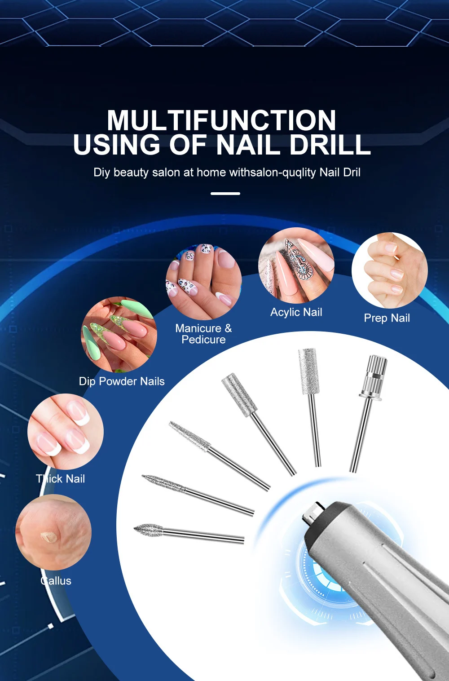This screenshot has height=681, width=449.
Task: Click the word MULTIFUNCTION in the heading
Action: tap(221, 120)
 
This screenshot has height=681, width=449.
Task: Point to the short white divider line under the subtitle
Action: tap(225, 194)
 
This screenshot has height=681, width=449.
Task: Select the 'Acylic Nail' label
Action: tap(296, 312)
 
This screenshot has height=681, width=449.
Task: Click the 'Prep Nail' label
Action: tap(387, 318)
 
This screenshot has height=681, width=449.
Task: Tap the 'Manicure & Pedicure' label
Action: tap(203, 334)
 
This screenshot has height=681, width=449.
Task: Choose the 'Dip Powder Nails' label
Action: tap(122, 381)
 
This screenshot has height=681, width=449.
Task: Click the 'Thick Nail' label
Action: tap(61, 479)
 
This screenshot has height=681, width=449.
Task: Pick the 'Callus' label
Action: tap(56, 581)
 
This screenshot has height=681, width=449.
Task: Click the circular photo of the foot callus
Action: tap(53, 532)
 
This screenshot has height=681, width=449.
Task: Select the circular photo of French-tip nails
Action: tap(66, 432)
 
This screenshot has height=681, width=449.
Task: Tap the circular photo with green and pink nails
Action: tap(119, 334)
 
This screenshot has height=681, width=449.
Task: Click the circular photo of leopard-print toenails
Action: tap(204, 282)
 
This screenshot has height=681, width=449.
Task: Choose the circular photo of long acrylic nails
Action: tap(296, 265)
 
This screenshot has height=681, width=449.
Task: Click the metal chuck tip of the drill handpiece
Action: tap(313, 513)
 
